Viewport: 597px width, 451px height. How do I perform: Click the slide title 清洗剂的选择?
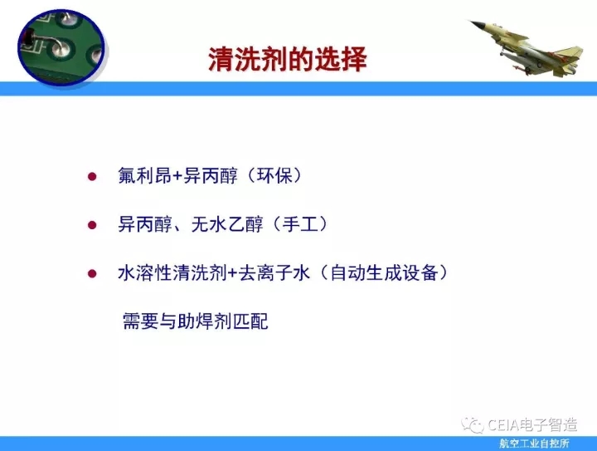point(288,60)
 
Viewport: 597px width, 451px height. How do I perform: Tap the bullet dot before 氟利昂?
point(92,177)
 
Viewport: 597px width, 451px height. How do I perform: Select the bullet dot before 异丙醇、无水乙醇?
point(92,225)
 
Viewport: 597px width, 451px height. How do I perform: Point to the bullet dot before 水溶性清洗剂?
point(92,273)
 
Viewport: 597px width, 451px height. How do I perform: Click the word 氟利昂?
point(144,176)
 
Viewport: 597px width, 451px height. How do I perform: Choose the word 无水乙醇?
point(227,224)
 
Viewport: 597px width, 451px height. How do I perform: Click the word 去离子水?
point(274,272)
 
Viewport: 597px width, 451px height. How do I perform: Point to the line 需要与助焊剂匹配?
point(196,321)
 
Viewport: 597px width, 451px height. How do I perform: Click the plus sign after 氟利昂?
point(177,177)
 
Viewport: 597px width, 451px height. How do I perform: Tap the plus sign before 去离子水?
point(233,273)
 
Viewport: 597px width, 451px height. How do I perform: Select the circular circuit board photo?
point(61,47)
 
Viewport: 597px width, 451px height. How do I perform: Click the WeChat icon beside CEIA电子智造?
point(473,425)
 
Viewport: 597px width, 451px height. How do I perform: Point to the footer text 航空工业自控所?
point(534,444)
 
